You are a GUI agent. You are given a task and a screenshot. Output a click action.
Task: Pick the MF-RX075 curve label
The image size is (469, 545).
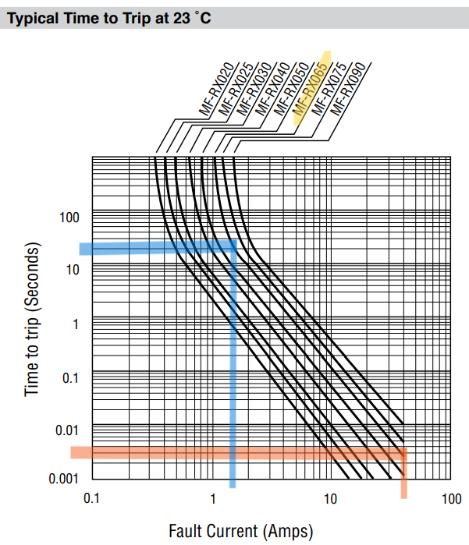click(329, 93)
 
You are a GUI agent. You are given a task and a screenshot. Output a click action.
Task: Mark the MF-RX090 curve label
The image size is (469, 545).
click(348, 92)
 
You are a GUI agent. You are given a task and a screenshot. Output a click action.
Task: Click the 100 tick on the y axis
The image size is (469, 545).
click(69, 216)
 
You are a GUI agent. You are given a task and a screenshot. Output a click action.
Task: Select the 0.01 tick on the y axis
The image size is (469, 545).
click(67, 430)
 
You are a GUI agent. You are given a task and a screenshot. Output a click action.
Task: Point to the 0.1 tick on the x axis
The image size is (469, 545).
click(92, 498)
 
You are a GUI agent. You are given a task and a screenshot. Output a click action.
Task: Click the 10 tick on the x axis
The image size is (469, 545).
click(331, 498)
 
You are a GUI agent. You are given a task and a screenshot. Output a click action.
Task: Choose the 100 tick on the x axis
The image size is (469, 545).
click(451, 498)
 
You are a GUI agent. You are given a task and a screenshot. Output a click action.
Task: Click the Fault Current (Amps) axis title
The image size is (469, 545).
click(240, 531)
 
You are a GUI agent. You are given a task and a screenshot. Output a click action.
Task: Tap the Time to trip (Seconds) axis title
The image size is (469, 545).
click(32, 319)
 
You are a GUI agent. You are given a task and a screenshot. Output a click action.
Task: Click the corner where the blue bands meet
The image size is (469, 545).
click(232, 247)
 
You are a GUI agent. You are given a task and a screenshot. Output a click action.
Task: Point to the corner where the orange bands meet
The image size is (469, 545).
click(403, 452)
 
